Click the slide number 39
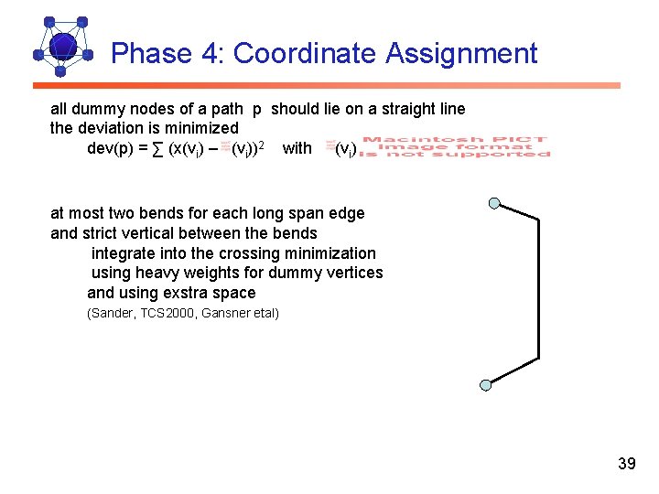click(x=626, y=464)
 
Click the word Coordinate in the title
click(x=305, y=54)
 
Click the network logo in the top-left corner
click(x=62, y=46)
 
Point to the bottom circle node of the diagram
click(x=486, y=386)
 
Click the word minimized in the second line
click(x=200, y=128)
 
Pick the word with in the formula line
click(x=297, y=148)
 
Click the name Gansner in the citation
click(x=221, y=314)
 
